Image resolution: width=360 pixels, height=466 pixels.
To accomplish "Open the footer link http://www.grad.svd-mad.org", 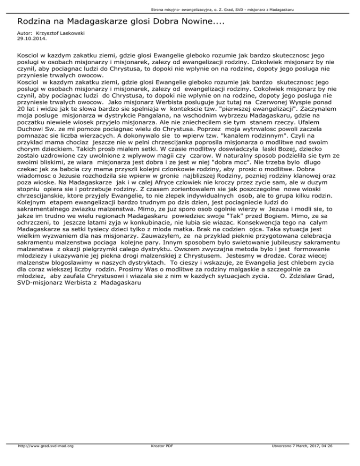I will (x=47, y=459).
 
